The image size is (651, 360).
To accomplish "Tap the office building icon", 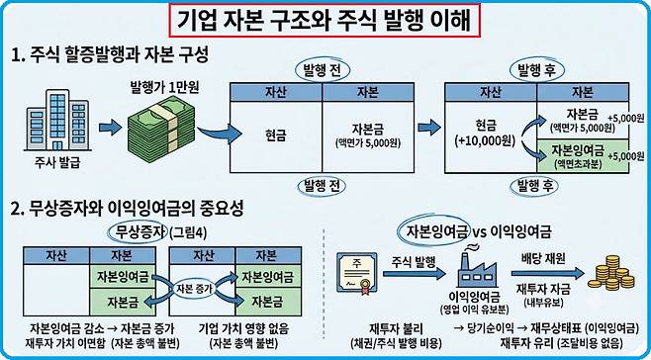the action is [x=58, y=120].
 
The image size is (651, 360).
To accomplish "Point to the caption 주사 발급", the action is [x=56, y=162].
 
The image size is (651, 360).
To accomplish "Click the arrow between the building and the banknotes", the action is [x=110, y=127].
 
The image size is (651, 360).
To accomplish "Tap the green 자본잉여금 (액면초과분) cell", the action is [x=583, y=155].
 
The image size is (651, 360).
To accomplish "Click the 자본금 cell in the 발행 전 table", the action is [x=368, y=136].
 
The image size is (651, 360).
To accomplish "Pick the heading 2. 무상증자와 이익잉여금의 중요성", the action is [x=127, y=208].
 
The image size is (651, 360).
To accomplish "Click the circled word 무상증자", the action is [x=139, y=230].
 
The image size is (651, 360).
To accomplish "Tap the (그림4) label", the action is [x=188, y=231].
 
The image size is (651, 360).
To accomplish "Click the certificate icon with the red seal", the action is [x=353, y=274].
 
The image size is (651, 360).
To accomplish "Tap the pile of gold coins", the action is [x=611, y=273].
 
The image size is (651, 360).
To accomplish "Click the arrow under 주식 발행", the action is [x=414, y=274].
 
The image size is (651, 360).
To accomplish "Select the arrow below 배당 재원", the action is [x=547, y=274].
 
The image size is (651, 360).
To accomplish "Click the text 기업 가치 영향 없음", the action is [x=243, y=330].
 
